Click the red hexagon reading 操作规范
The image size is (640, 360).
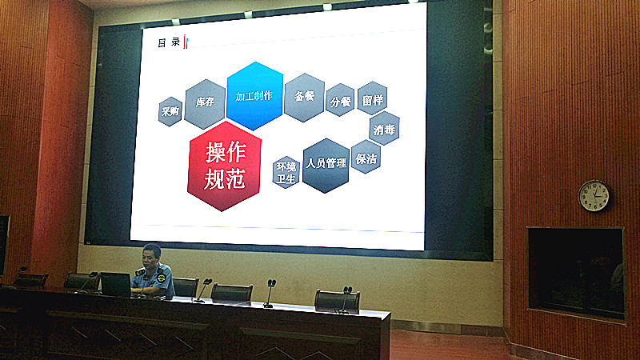tap(224, 166)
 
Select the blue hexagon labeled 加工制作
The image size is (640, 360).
tap(254, 96)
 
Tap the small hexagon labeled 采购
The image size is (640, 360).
tap(170, 111)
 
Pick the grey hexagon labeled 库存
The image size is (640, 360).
tap(205, 104)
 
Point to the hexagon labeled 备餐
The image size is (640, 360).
tap(305, 97)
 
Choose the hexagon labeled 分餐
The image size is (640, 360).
tap(341, 100)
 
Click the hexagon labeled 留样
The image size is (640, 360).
tap(372, 98)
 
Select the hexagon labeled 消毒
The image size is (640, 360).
tap(384, 128)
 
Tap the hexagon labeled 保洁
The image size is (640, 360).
tap(366, 157)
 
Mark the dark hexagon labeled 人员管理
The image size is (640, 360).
tap(326, 166)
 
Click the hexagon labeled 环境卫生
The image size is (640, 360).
tap(286, 172)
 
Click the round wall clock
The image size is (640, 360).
tap(594, 196)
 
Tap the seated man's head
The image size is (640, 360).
tap(152, 256)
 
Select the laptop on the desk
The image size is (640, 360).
tap(115, 285)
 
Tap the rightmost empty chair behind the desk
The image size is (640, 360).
tap(337, 302)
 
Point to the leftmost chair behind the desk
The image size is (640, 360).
tap(30, 280)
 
